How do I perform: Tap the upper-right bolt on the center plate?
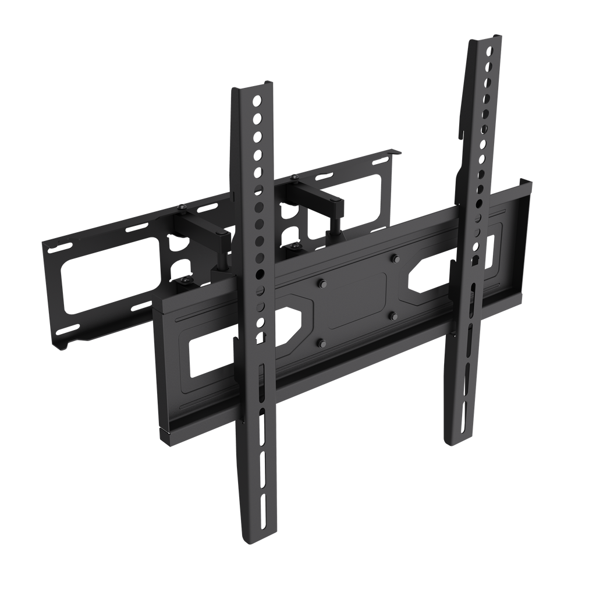click(395, 258)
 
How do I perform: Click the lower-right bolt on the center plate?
click(393, 317)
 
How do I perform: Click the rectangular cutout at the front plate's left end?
click(210, 356)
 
